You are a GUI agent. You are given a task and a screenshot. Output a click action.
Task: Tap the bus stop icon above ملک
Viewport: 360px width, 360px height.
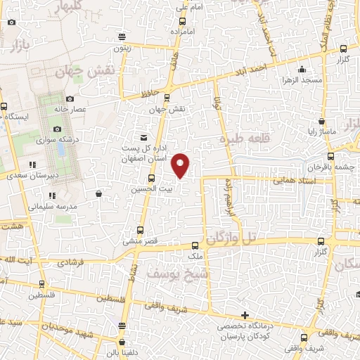coord(195,245)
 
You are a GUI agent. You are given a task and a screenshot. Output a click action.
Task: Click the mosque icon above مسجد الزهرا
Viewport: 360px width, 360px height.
coord(302,69)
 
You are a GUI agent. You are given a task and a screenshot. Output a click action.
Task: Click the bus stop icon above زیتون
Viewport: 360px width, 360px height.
coord(122,37)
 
